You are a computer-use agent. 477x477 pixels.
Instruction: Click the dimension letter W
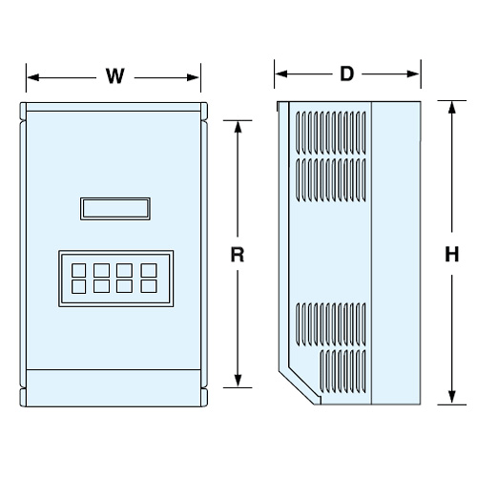pyautogui.click(x=114, y=76)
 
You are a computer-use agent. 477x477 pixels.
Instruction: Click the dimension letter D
pyautogui.click(x=346, y=73)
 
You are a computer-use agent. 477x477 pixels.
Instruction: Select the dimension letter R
pyautogui.click(x=238, y=255)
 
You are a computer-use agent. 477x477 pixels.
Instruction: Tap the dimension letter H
pyautogui.click(x=451, y=255)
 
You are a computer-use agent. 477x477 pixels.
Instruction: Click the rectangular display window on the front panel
pyautogui.click(x=115, y=209)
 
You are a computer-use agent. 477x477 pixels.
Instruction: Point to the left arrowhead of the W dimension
pyautogui.click(x=33, y=77)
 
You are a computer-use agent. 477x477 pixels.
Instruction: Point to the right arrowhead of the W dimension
pyautogui.click(x=193, y=77)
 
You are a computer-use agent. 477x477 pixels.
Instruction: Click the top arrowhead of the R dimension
pyautogui.click(x=238, y=127)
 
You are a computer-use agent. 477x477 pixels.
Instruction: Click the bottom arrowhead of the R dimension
pyautogui.click(x=238, y=381)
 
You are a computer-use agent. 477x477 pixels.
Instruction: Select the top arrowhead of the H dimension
pyautogui.click(x=451, y=108)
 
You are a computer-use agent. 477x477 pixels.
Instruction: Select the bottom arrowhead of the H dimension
pyautogui.click(x=451, y=398)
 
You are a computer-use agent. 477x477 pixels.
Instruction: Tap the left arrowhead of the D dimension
pyautogui.click(x=281, y=74)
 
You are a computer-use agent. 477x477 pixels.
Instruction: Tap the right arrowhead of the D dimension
pyautogui.click(x=413, y=74)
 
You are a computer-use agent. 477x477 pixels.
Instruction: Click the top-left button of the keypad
pyautogui.click(x=78, y=270)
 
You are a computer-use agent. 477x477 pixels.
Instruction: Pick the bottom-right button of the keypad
pyautogui.click(x=149, y=286)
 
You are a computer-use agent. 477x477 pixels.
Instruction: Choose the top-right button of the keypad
pyautogui.click(x=149, y=270)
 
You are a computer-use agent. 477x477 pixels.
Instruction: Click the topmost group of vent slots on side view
pyautogui.click(x=331, y=132)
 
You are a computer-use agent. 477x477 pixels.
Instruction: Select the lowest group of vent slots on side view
pyautogui.click(x=342, y=371)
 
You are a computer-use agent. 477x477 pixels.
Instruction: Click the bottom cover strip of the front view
pyautogui.click(x=114, y=388)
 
